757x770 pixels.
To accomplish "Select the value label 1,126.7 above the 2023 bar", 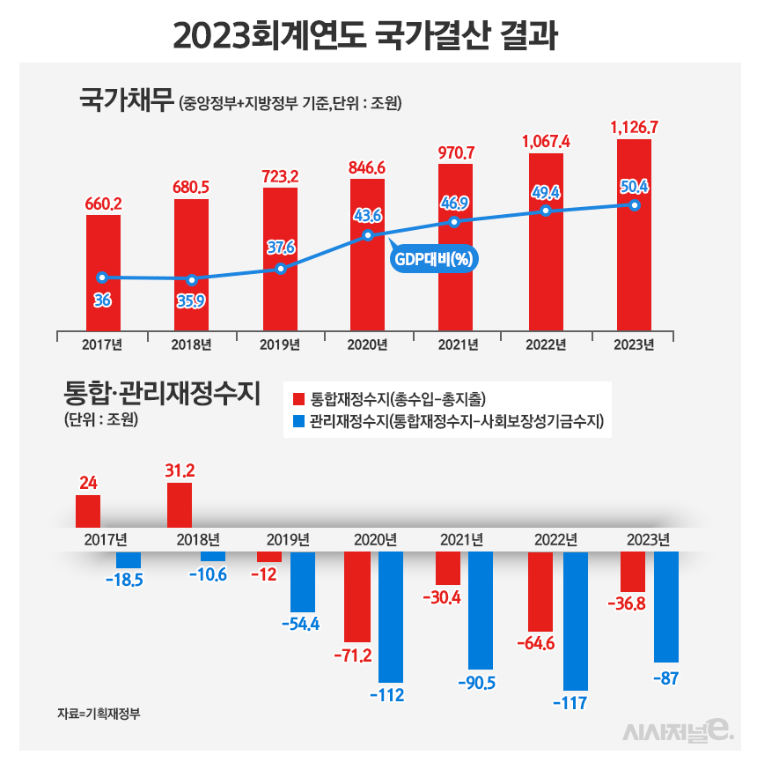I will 635,128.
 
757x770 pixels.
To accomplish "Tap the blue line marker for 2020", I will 368,235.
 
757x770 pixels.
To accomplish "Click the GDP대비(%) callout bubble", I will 428,259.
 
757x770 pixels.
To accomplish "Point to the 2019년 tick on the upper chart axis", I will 280,344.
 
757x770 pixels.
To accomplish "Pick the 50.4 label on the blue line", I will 635,186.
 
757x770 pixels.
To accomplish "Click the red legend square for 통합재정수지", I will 298,397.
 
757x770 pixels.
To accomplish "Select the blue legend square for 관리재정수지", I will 298,422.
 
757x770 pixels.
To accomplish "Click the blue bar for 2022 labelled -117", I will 574,621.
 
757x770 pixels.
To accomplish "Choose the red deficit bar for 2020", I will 357,596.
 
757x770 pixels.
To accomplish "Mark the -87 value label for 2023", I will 665,677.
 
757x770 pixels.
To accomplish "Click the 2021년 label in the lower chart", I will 462,539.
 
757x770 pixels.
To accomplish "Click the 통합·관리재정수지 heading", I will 162,391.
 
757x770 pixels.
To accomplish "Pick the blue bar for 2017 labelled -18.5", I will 129,559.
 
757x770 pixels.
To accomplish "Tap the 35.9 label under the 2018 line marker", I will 191,300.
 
